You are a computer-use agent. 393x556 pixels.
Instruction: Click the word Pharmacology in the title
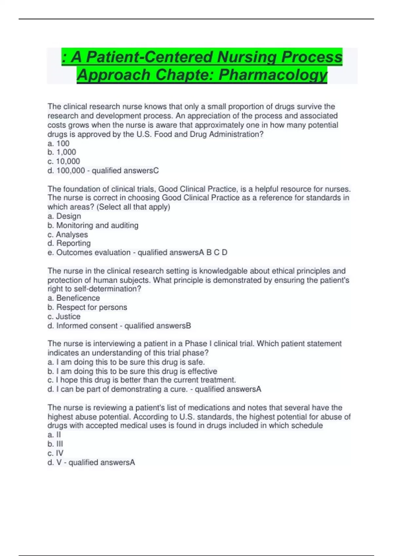272,75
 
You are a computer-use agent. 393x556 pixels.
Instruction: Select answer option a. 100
59,143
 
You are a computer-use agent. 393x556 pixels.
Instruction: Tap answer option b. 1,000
62,152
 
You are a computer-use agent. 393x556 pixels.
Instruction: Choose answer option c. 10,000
64,161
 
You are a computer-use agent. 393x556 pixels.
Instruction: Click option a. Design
64,216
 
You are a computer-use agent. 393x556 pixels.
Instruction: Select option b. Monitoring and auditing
93,225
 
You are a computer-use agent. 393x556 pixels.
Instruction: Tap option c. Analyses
68,235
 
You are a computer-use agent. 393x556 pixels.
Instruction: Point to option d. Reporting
69,243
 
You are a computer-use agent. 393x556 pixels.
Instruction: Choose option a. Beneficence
74,298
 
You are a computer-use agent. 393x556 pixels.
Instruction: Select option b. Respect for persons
87,307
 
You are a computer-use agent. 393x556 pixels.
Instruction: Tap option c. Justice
64,316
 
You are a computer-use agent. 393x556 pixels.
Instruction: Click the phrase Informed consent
87,326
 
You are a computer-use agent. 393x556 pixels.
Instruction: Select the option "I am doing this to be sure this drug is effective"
132,371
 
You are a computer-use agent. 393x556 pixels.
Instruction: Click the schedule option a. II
54,435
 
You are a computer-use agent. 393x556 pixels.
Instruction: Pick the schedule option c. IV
56,453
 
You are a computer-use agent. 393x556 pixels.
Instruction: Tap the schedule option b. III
55,444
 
